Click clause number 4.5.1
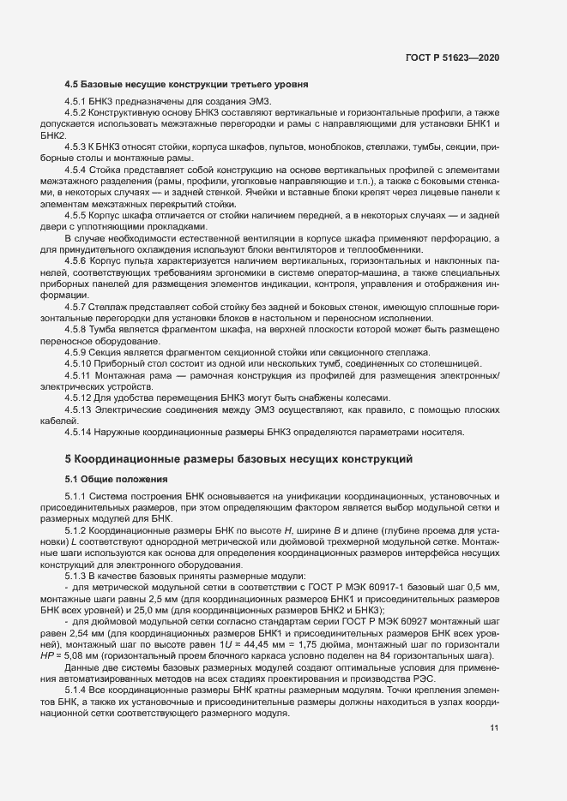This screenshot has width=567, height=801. (78, 102)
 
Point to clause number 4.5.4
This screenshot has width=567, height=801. (78, 169)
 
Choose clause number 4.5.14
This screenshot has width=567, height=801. (81, 431)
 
